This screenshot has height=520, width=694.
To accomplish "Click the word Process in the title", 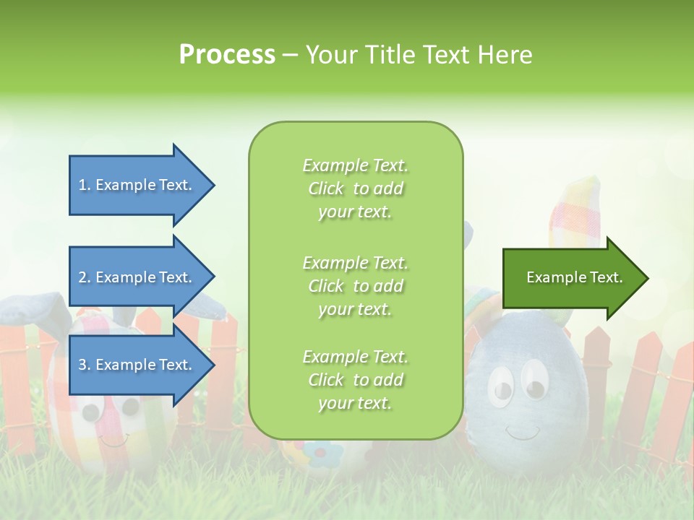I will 227,55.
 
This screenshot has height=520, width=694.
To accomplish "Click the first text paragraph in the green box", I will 355,188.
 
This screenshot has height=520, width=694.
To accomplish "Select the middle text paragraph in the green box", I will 355,286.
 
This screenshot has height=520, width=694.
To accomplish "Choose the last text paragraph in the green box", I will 355,380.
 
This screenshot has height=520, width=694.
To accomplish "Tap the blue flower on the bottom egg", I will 315,453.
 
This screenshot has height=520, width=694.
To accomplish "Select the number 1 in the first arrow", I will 82,185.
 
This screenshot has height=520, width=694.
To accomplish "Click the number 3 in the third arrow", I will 82,365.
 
